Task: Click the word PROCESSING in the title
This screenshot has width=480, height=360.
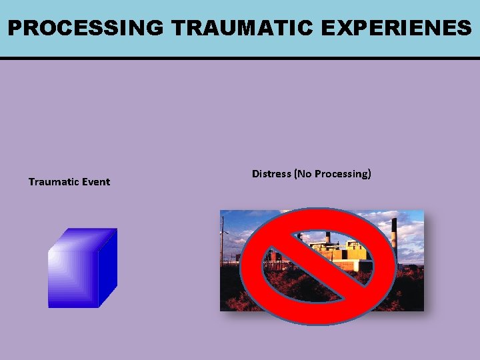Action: click(x=85, y=28)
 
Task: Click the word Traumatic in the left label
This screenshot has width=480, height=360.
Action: click(x=53, y=182)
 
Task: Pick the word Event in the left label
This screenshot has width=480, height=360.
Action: click(x=96, y=182)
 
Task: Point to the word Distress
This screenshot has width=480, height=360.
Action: click(x=271, y=174)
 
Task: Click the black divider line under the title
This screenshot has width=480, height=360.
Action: click(x=240, y=59)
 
